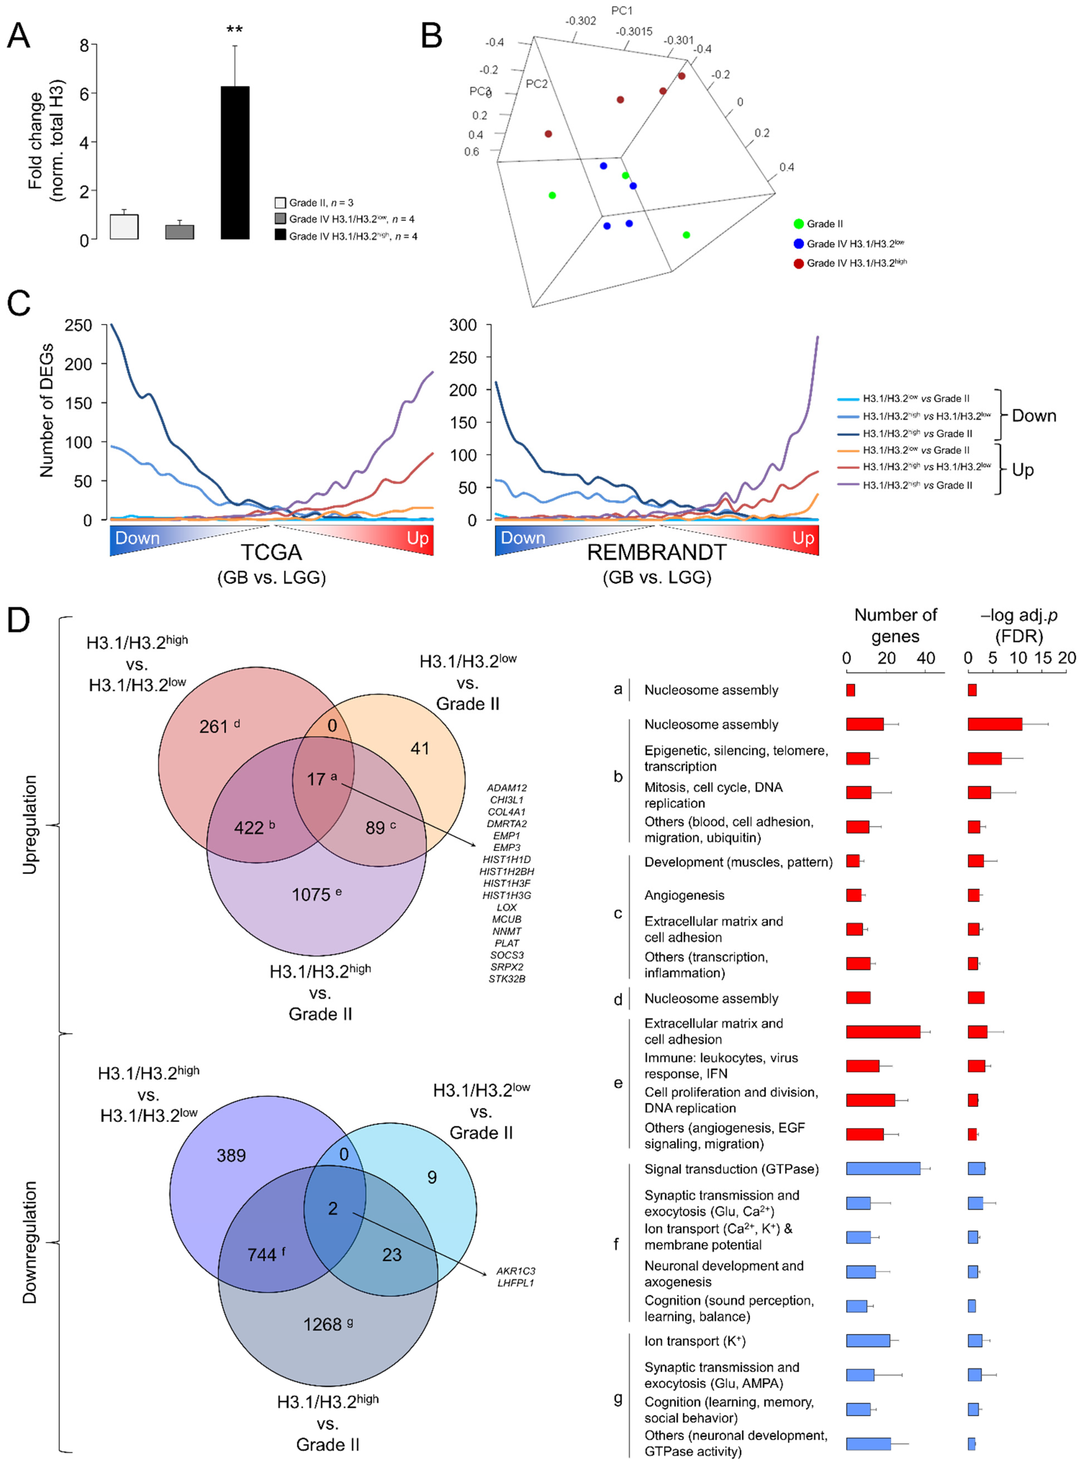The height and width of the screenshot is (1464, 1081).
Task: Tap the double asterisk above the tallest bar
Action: tap(234, 30)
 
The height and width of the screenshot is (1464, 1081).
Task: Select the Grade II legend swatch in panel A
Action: tap(280, 203)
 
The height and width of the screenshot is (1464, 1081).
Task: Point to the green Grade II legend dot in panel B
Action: tap(798, 224)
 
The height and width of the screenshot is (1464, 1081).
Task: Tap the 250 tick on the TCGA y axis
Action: tap(79, 325)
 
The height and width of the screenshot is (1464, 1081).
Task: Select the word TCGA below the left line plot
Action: tap(272, 552)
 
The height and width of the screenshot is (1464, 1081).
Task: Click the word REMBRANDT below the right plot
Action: tap(656, 552)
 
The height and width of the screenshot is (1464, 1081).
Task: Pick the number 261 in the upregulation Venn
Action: tap(214, 726)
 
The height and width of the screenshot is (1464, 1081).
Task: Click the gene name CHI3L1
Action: tap(507, 800)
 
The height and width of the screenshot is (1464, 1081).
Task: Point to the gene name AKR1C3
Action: tap(516, 1271)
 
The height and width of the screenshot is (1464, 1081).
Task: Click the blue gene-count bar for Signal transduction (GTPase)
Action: tap(883, 1169)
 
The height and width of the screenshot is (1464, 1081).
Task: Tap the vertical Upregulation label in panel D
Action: tap(29, 825)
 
